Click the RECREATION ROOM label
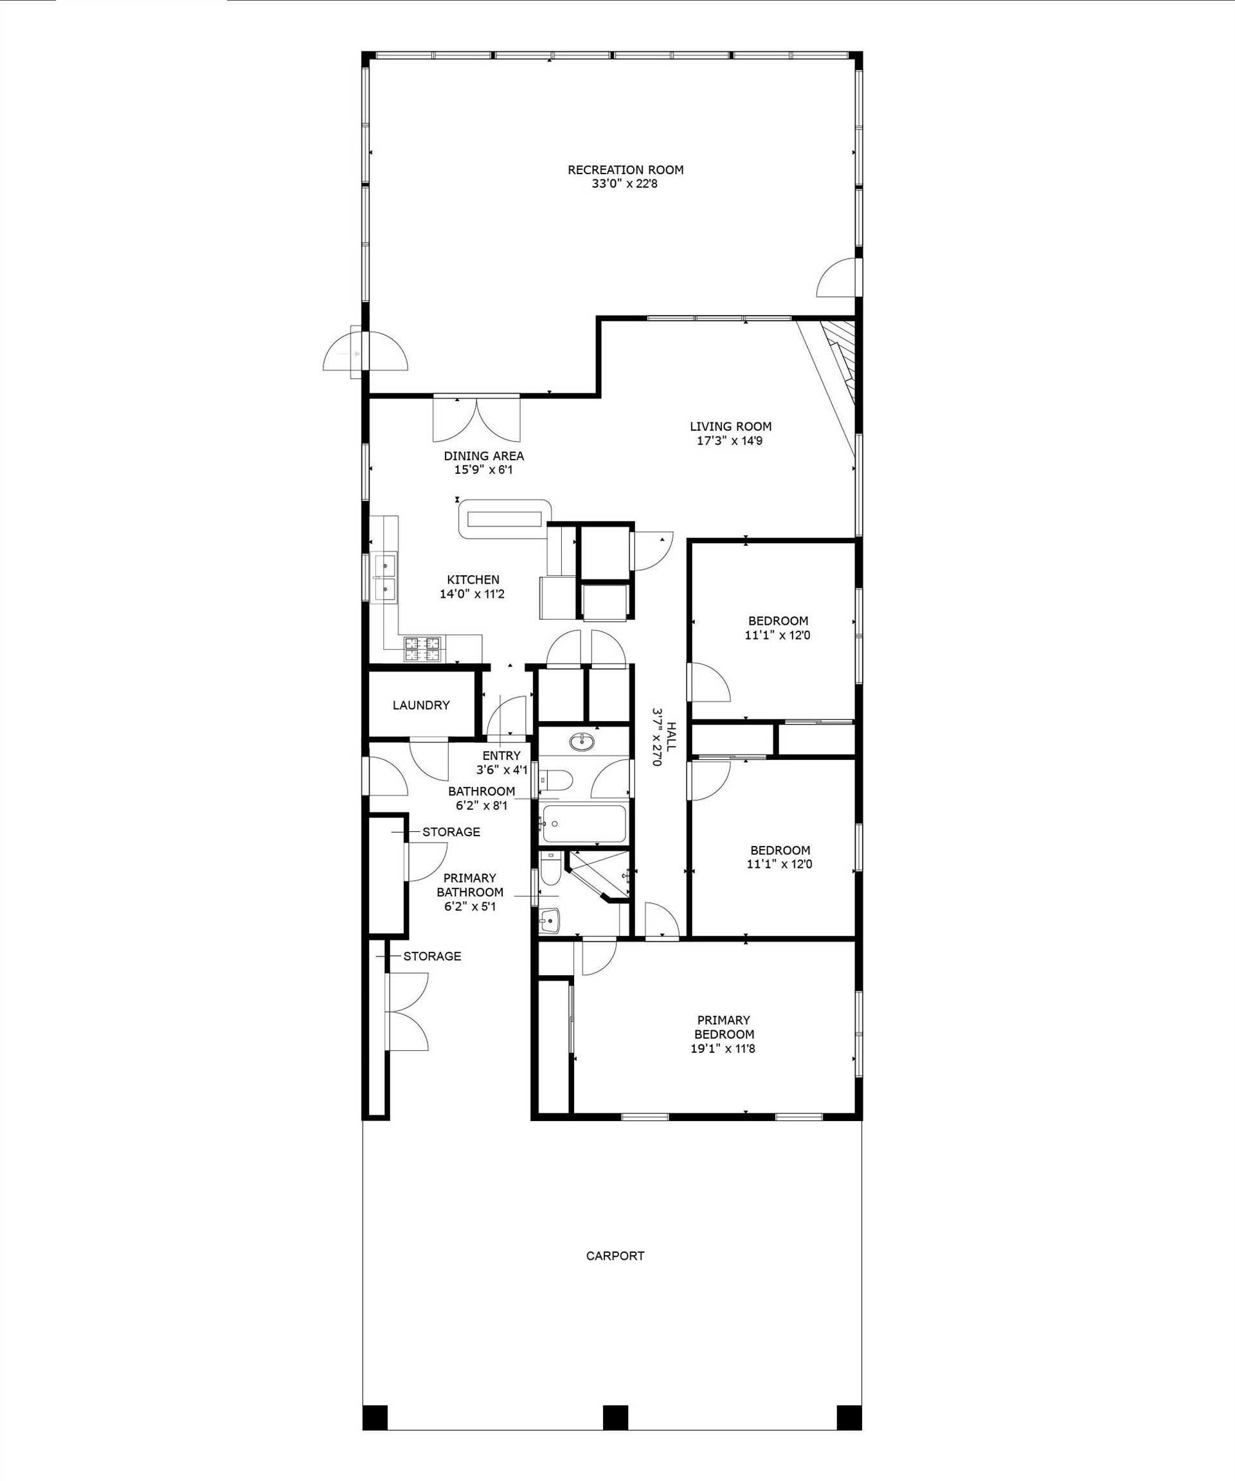pyautogui.click(x=626, y=169)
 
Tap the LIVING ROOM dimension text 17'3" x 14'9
pyautogui.click(x=730, y=441)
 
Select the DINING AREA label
pyautogui.click(x=484, y=456)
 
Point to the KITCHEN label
pyautogui.click(x=473, y=580)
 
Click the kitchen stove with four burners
pyautogui.click(x=422, y=649)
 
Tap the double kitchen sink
pyautogui.click(x=384, y=577)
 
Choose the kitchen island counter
pyautogui.click(x=504, y=519)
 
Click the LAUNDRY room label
pyautogui.click(x=421, y=705)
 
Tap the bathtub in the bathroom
pyautogui.click(x=583, y=823)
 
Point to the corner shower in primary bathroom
pyautogui.click(x=598, y=876)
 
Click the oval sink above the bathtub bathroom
pyautogui.click(x=582, y=742)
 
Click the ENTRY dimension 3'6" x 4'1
pyautogui.click(x=501, y=770)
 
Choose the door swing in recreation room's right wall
pyautogui.click(x=836, y=277)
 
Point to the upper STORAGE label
pyautogui.click(x=451, y=832)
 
